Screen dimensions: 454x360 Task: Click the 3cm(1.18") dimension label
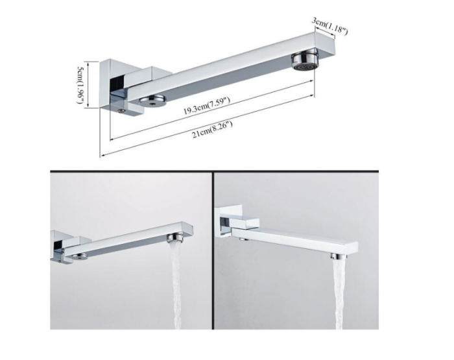(329, 27)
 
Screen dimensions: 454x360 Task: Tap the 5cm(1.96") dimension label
(80, 84)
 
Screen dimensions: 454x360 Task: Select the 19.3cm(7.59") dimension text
(207, 106)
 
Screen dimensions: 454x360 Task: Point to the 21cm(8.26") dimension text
(212, 130)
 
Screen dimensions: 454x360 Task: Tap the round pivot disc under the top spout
(152, 100)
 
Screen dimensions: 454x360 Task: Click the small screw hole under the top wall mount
(122, 110)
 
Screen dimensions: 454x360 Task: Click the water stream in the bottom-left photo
(177, 286)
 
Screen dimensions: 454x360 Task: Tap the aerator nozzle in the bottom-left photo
(175, 238)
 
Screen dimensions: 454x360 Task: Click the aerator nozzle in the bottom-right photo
(337, 257)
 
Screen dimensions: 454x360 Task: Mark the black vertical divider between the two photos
(212, 250)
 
